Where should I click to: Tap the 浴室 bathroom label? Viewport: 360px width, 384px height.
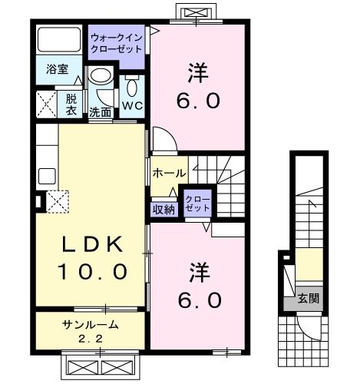click(57, 69)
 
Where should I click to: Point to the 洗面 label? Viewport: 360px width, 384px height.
click(101, 112)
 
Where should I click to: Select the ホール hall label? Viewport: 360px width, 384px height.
click(169, 174)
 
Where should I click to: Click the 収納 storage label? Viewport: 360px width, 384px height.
click(163, 207)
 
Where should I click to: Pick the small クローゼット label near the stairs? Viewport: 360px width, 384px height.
click(197, 204)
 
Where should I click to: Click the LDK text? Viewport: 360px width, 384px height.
click(92, 244)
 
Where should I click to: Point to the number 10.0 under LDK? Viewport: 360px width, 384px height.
click(92, 271)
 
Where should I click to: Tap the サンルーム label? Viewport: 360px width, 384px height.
click(90, 323)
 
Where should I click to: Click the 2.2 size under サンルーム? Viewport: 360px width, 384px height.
click(90, 337)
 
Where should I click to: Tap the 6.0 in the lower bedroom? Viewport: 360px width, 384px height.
click(202, 298)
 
